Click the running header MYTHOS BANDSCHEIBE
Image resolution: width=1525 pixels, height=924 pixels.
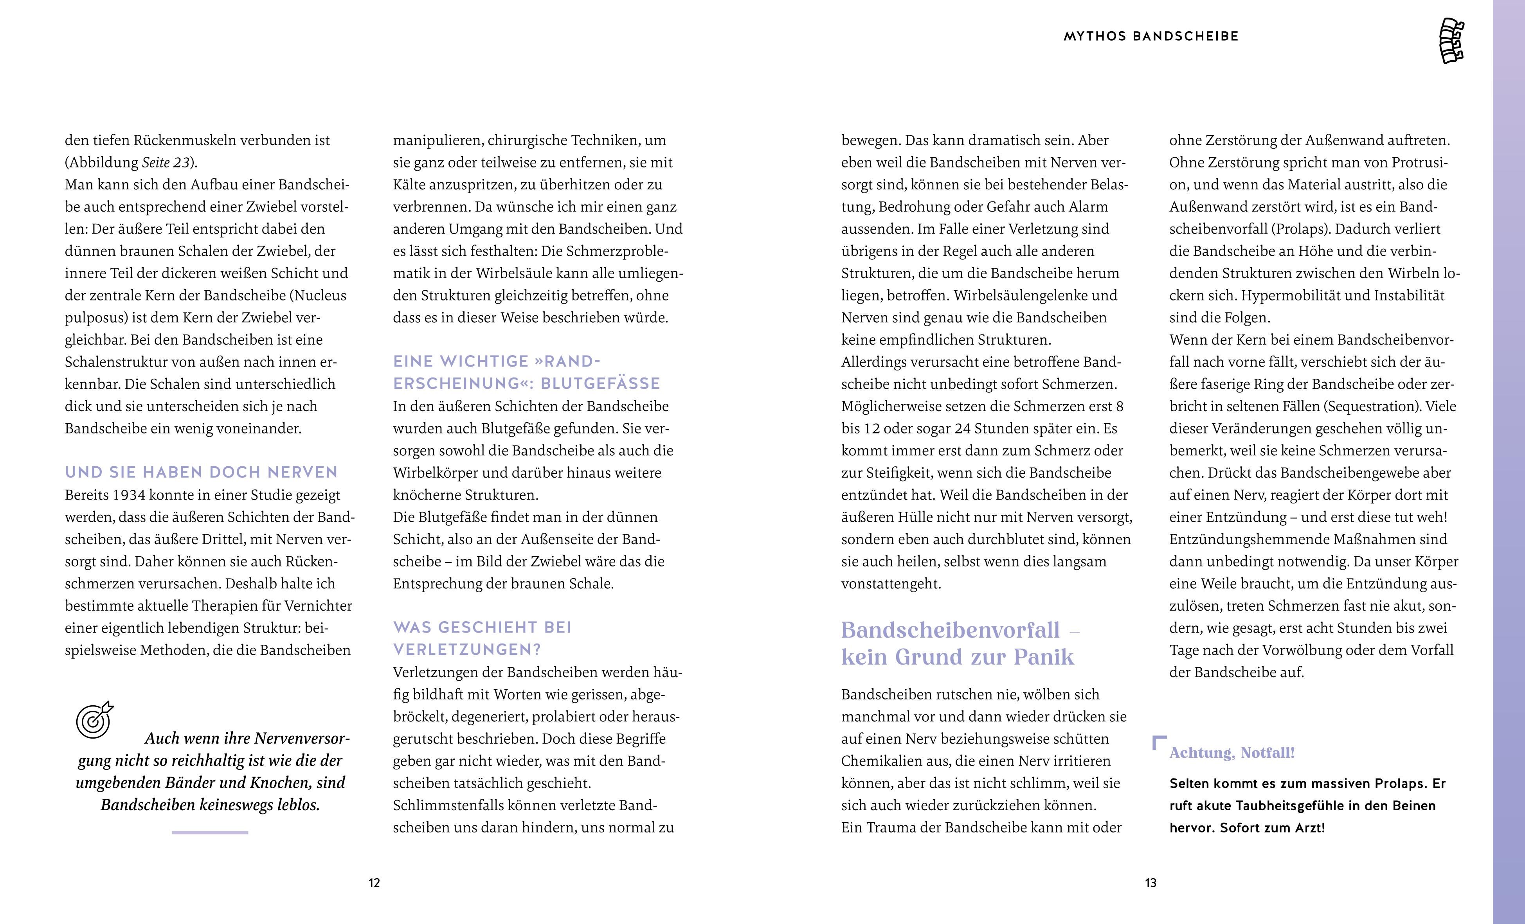[x=1151, y=36]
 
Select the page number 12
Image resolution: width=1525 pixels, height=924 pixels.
[x=374, y=883]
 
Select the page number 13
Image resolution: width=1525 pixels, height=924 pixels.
[x=1151, y=883]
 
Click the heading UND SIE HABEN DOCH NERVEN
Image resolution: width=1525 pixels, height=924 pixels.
[x=201, y=472]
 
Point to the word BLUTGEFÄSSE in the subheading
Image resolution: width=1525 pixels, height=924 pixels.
[x=600, y=384]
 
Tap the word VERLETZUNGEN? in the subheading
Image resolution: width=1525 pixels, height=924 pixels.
[x=467, y=649]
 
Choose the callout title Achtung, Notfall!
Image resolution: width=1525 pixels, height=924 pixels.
[x=1232, y=753]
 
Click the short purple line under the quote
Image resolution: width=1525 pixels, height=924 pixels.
[x=210, y=832]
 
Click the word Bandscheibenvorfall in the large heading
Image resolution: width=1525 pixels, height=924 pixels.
[x=951, y=630]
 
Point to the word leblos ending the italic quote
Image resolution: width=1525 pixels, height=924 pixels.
[x=299, y=805]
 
